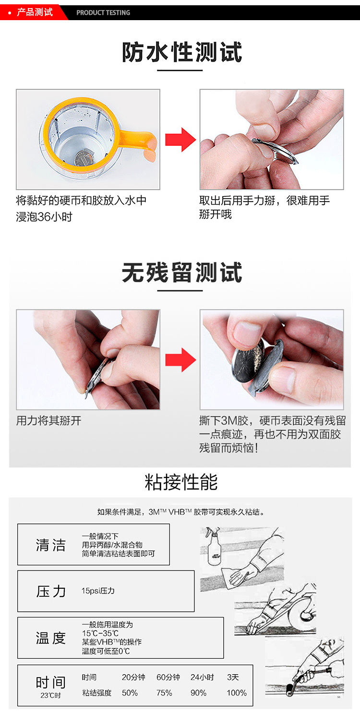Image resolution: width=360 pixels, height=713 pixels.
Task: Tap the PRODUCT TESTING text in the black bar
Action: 103,13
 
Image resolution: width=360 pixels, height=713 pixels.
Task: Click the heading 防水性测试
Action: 181,52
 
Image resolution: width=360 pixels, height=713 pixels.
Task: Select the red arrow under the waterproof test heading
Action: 180,140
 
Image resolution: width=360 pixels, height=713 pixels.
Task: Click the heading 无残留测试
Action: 181,273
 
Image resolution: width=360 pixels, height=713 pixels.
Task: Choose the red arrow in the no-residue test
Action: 180,360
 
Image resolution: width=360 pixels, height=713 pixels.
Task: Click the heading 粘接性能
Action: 181,482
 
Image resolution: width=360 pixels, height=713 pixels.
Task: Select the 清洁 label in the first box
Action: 50,545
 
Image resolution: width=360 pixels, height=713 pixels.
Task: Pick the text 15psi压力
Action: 98,591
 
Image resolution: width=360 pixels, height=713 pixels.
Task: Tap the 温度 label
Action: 50,638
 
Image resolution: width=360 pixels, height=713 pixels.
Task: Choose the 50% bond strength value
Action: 130,693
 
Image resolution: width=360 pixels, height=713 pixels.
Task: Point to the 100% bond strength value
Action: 237,693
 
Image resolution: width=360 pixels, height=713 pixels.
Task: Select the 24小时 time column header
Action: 202,677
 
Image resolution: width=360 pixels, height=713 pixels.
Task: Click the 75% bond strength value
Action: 164,693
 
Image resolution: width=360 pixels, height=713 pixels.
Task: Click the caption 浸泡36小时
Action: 44,217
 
